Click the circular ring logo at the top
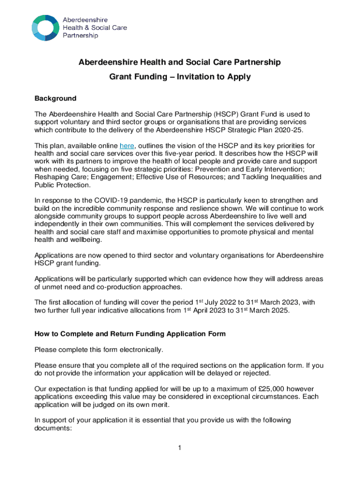point(46,28)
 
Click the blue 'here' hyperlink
point(127,145)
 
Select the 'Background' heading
point(55,99)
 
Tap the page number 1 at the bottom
point(179,448)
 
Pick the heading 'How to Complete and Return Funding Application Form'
point(130,334)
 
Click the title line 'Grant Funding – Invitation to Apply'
point(180,77)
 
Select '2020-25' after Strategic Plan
point(295,129)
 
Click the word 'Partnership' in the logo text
point(80,36)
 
